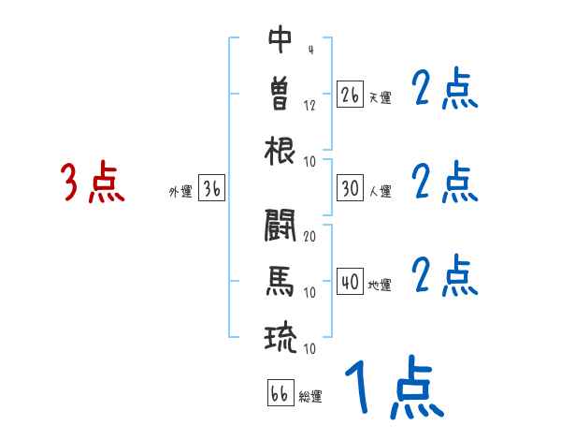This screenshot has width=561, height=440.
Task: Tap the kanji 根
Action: (280, 150)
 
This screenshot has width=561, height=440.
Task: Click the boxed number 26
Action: (350, 95)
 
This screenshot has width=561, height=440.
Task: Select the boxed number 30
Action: (350, 188)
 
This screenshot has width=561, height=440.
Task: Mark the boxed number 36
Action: (211, 189)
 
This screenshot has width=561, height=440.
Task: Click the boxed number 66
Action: (280, 393)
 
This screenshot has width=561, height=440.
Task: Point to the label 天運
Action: (380, 97)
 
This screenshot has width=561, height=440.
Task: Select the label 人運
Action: (380, 191)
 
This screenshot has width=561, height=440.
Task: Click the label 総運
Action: (310, 396)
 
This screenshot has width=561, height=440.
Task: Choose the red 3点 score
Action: (93, 183)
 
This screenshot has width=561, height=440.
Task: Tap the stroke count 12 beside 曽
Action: (309, 105)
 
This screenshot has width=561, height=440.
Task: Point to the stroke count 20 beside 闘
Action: (309, 236)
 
